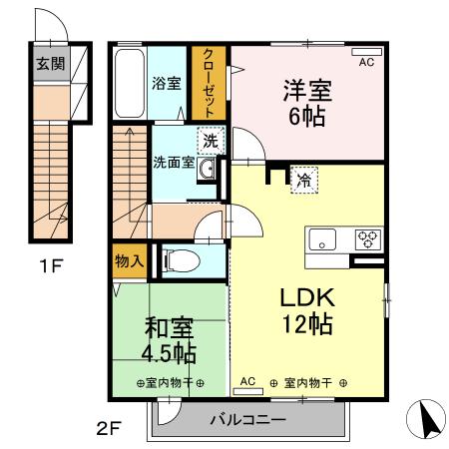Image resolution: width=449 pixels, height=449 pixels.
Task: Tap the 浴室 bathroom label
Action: pyautogui.click(x=167, y=83)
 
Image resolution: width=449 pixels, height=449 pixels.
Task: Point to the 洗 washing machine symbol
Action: pyautogui.click(x=210, y=141)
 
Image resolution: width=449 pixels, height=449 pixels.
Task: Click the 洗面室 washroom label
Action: pyautogui.click(x=174, y=162)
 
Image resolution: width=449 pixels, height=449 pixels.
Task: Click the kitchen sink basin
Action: pyautogui.click(x=323, y=239)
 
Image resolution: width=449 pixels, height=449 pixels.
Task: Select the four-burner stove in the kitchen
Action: pyautogui.click(x=366, y=239)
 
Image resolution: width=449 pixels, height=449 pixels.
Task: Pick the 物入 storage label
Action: pyautogui.click(x=130, y=261)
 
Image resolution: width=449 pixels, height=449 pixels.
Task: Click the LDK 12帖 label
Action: pyautogui.click(x=305, y=310)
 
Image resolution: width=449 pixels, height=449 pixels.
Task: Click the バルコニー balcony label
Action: pyautogui.click(x=247, y=420)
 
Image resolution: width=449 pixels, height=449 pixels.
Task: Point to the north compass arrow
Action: pyautogui.click(x=426, y=419)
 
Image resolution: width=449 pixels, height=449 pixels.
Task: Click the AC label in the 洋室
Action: pyautogui.click(x=367, y=62)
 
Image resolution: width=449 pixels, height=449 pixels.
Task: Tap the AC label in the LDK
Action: pyautogui.click(x=249, y=382)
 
